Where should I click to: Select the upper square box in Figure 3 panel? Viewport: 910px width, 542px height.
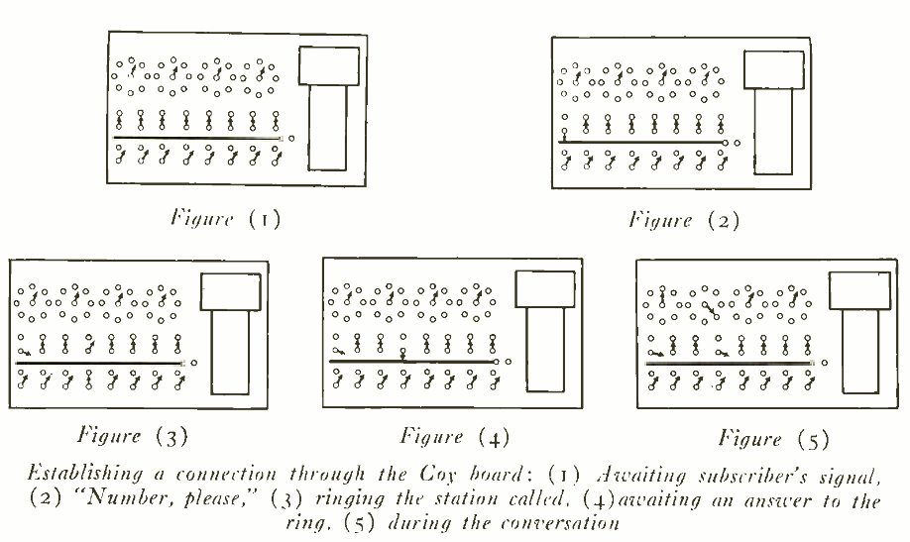pos(231,289)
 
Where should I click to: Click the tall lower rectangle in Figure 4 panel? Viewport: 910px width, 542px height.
pos(544,355)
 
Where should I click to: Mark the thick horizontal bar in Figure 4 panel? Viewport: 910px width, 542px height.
pos(411,362)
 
